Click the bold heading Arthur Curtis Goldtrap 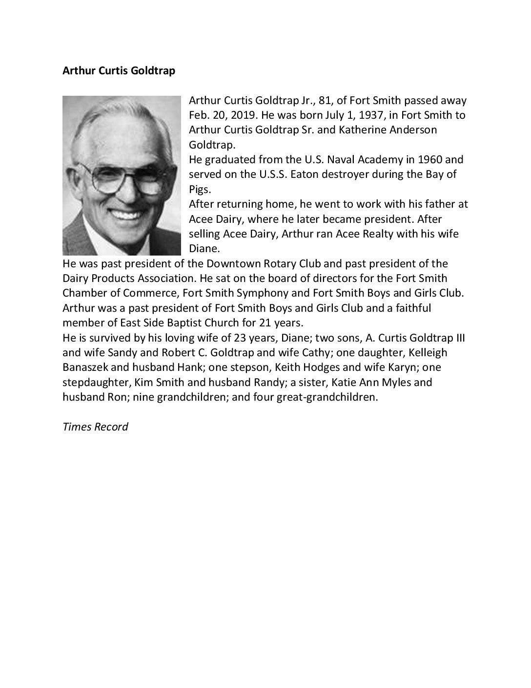(x=119, y=71)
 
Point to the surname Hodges (x=284, y=367)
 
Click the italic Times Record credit (x=96, y=427)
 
